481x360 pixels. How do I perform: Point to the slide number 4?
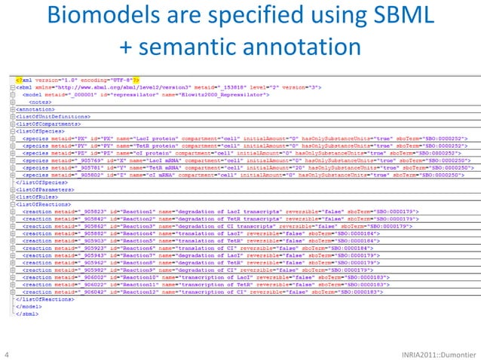coord(7,352)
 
